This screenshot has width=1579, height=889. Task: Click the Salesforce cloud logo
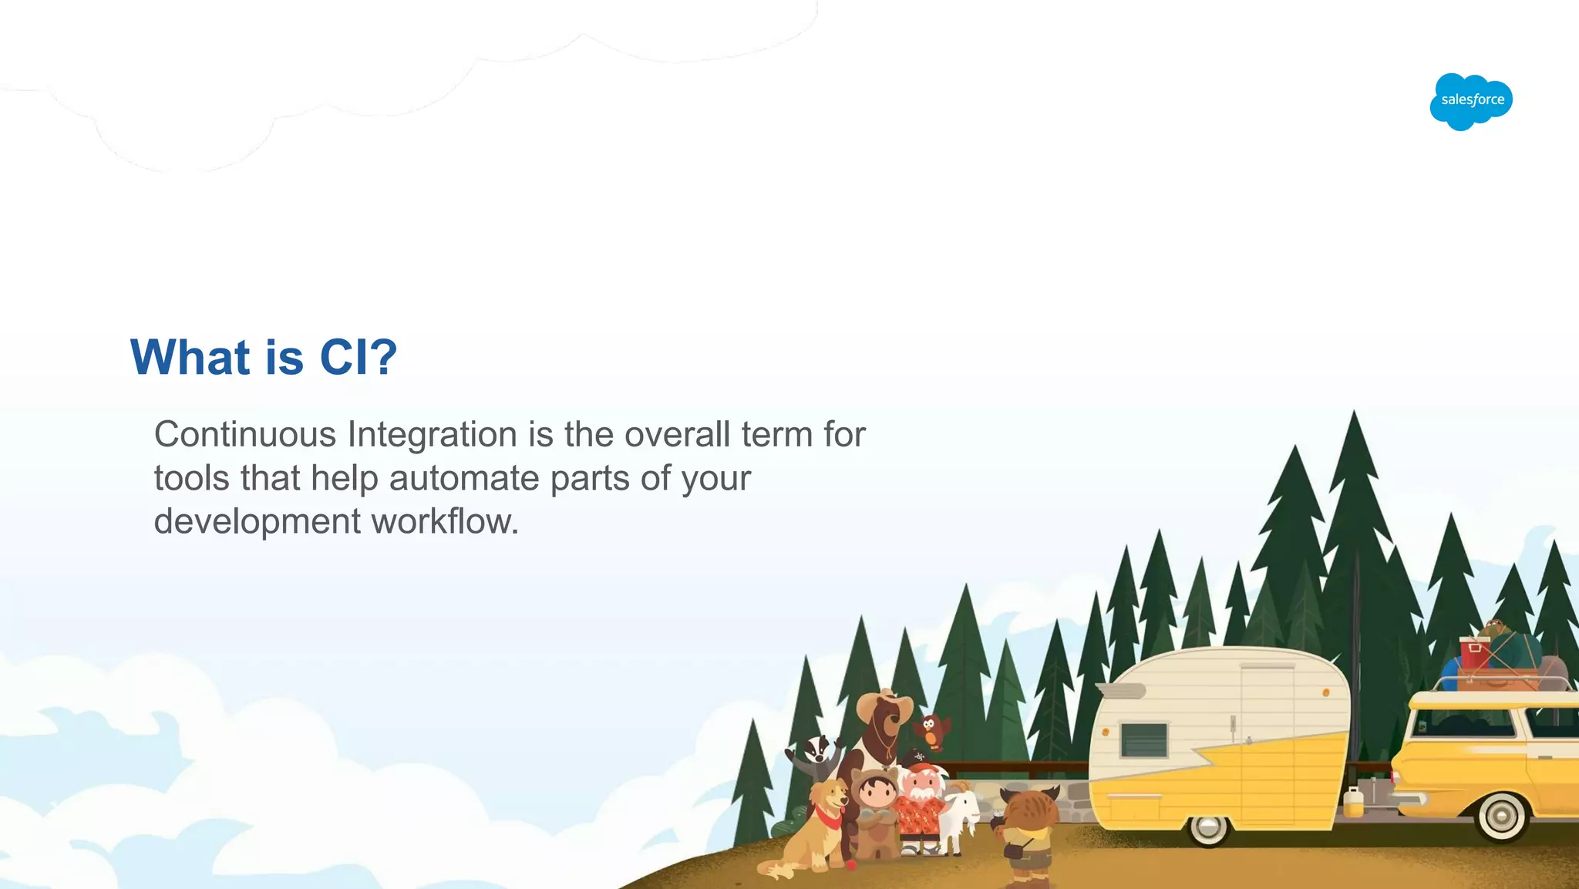click(x=1471, y=101)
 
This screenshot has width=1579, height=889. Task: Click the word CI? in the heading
click(x=359, y=358)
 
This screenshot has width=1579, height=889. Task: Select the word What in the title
click(x=190, y=358)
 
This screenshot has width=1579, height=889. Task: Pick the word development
click(x=258, y=521)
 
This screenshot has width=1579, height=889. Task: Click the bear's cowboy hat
click(x=884, y=703)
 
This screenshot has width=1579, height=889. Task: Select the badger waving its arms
click(x=816, y=755)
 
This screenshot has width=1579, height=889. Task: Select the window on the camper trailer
click(x=1143, y=739)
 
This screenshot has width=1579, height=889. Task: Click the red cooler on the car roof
click(x=1474, y=654)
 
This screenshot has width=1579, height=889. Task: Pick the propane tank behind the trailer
click(x=1353, y=803)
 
